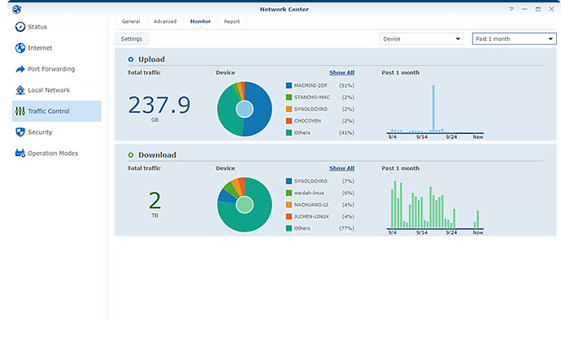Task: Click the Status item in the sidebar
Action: click(x=37, y=27)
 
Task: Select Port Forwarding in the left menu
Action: click(x=50, y=69)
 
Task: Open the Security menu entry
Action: click(x=40, y=132)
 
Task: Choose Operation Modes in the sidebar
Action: click(x=52, y=154)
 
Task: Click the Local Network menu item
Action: click(x=48, y=90)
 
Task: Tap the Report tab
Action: click(x=232, y=21)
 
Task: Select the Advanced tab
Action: click(x=165, y=21)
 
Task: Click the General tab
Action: click(x=131, y=21)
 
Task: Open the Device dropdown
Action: click(x=421, y=38)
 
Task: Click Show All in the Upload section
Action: click(x=341, y=72)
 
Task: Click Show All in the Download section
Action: click(x=341, y=168)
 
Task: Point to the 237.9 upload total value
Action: click(x=159, y=105)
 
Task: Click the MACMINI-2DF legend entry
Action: click(x=311, y=85)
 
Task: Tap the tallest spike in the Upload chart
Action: click(x=433, y=107)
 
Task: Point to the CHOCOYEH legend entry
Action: click(x=310, y=119)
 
